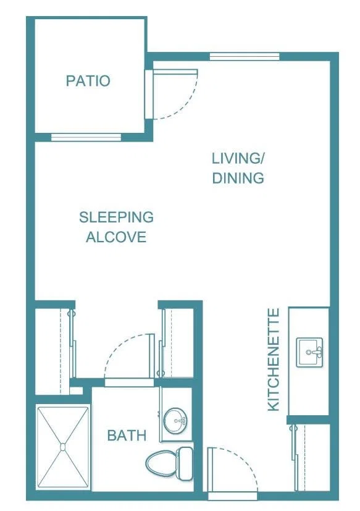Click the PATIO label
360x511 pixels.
pyautogui.click(x=88, y=81)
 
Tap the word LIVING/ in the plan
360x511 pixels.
pyautogui.click(x=238, y=158)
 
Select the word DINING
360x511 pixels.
pyautogui.click(x=238, y=178)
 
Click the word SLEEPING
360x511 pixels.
pyautogui.click(x=116, y=217)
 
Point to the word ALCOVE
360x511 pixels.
pyautogui.click(x=116, y=237)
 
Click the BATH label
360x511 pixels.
pyautogui.click(x=127, y=436)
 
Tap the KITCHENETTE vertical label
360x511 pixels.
pyautogui.click(x=274, y=360)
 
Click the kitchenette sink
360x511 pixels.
pyautogui.click(x=309, y=352)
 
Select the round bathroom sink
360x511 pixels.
pyautogui.click(x=175, y=420)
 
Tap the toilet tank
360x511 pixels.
pyautogui.click(x=185, y=463)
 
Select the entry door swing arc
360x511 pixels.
pyautogui.click(x=245, y=460)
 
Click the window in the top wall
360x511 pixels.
pyautogui.click(x=245, y=57)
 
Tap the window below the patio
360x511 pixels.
pyautogui.click(x=86, y=137)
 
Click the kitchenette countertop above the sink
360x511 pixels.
pyautogui.click(x=309, y=322)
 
